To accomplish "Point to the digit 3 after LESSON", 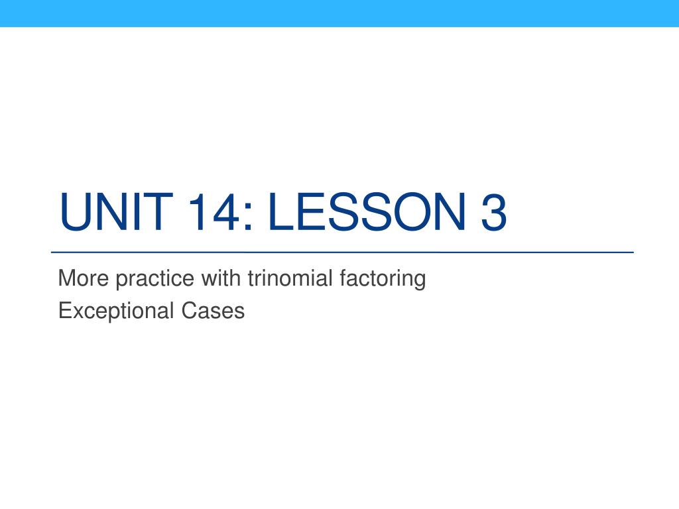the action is click(x=493, y=212).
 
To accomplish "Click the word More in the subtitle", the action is click(x=83, y=278).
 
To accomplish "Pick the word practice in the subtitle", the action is click(x=154, y=280).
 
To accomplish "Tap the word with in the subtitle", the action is click(x=221, y=278).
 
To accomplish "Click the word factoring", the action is click(x=383, y=279).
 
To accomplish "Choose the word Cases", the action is click(x=213, y=311).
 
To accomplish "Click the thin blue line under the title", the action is click(x=342, y=252).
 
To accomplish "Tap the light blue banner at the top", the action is click(x=339, y=13).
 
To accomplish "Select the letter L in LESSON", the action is click(x=281, y=211).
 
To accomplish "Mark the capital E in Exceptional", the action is click(x=64, y=311).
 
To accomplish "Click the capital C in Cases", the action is click(x=189, y=311).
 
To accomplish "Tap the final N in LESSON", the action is click(x=450, y=211).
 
